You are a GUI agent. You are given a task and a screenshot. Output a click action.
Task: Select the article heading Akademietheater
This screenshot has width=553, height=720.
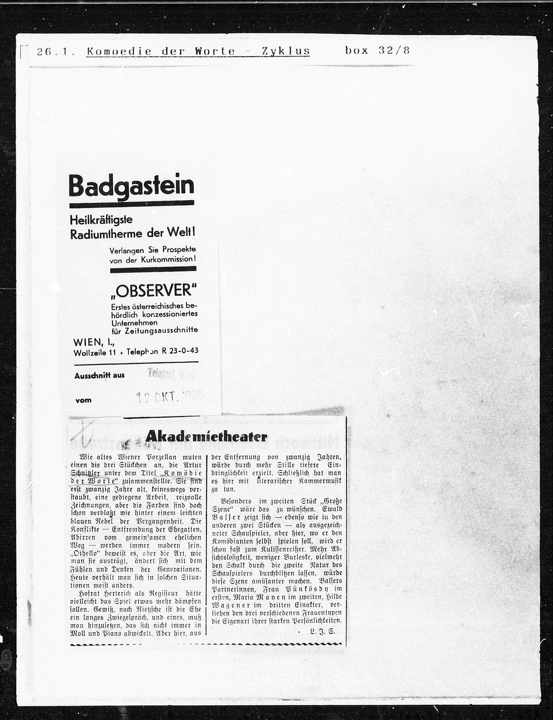206,437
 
